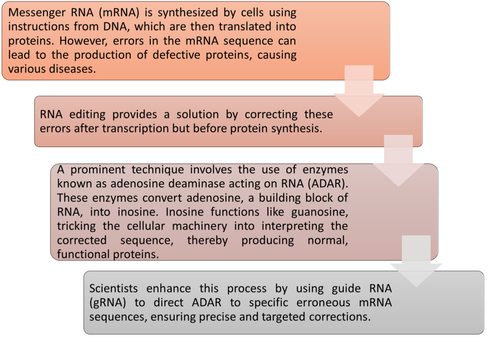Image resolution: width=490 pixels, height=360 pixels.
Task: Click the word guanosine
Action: [x=320, y=212]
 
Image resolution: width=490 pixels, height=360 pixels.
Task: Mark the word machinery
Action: [x=200, y=227]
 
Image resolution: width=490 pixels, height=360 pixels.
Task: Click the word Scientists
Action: [x=113, y=288]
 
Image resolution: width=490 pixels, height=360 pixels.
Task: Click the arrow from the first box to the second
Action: [x=359, y=91]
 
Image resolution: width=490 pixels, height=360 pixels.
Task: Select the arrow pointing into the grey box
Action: [x=416, y=261]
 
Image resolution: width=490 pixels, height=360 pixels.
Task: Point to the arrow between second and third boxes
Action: [x=398, y=161]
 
